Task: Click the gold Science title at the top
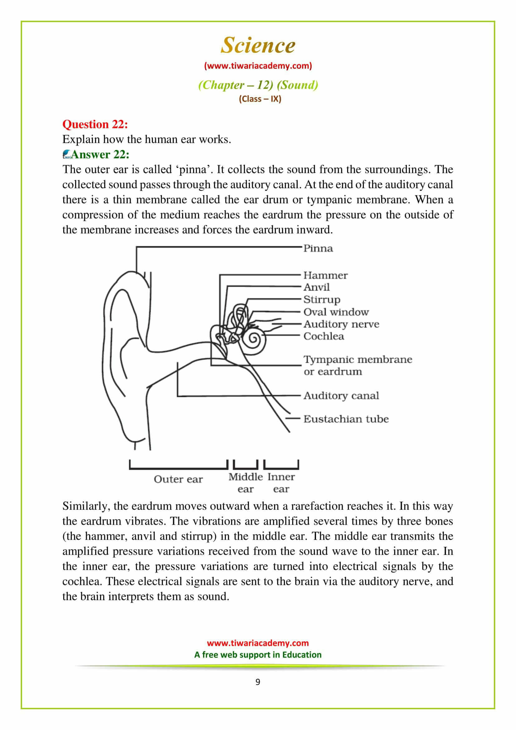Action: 258,45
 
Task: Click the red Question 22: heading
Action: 95,124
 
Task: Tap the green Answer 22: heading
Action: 100,154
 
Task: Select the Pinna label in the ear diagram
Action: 318,248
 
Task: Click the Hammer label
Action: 325,275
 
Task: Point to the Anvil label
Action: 316,287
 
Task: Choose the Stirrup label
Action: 322,300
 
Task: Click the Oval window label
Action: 336,312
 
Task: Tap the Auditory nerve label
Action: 341,324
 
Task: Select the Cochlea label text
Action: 324,336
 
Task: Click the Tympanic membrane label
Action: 358,360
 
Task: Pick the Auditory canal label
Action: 341,395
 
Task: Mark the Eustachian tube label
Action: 346,419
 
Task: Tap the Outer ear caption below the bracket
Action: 178,479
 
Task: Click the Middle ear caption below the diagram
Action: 245,483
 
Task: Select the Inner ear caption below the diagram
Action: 281,483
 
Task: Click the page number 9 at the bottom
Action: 258,682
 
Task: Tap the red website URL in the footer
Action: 258,643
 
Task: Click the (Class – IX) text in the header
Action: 260,99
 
